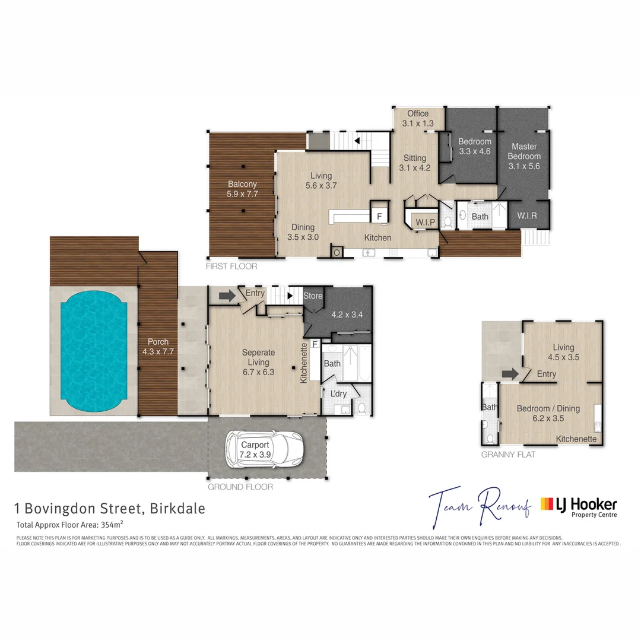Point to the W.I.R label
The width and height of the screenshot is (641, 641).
(x=526, y=216)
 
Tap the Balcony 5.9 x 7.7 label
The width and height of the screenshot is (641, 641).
(x=242, y=189)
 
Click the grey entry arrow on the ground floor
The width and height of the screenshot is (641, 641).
(x=227, y=295)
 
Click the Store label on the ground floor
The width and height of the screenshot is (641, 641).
(x=313, y=296)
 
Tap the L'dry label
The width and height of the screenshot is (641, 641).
(x=338, y=394)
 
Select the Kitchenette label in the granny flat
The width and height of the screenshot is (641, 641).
(x=576, y=439)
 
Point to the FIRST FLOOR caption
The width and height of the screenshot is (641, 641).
(x=231, y=266)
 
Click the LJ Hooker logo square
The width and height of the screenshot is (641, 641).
(x=546, y=505)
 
